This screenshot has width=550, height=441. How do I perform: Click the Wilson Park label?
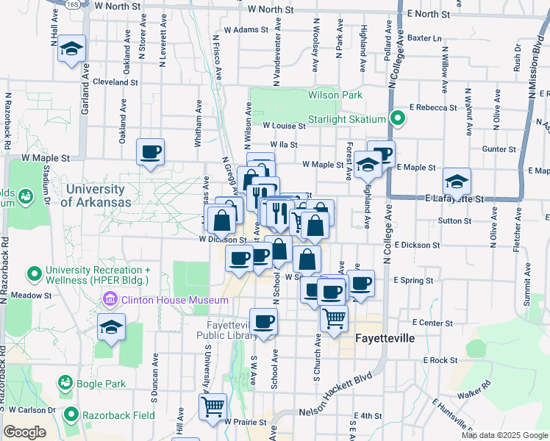click(x=335, y=96)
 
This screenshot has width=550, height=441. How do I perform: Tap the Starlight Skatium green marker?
click(x=398, y=118)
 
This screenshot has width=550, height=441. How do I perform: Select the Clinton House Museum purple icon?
click(x=110, y=299)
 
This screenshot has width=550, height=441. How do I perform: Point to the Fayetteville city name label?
click(x=385, y=339)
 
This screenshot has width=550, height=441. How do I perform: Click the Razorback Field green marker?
click(x=71, y=415)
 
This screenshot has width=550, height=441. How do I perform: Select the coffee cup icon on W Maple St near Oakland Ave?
click(x=151, y=152)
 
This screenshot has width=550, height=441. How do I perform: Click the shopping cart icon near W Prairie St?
click(x=213, y=406)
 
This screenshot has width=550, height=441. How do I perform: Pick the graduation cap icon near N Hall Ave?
click(x=71, y=49)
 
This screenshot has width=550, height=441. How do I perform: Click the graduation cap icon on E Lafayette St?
click(x=457, y=182)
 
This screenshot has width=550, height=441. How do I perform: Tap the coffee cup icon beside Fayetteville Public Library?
click(x=263, y=321)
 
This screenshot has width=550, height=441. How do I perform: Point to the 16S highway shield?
click(x=71, y=4)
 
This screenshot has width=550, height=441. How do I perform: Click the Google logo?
click(x=24, y=432)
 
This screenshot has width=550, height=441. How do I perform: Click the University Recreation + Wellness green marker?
click(x=34, y=275)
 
